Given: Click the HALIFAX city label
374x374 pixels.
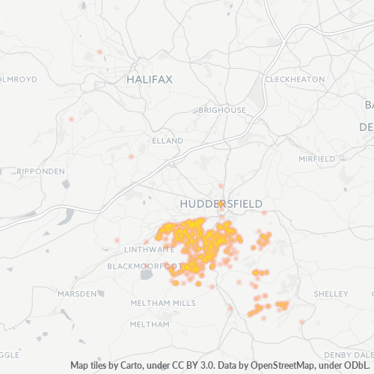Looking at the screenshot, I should coord(150,79).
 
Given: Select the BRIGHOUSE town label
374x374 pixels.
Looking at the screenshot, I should coord(222,110).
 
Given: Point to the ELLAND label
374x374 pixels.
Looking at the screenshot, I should coord(167,141).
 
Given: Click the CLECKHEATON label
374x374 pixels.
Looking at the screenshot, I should coord(295,79).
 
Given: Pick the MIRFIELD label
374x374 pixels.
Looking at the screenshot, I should coord(317,159).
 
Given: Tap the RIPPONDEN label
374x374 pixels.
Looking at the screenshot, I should coord(40,171).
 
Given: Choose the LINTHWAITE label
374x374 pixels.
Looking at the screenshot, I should coord(149,249).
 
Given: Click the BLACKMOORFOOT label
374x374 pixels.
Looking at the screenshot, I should coord(144,266).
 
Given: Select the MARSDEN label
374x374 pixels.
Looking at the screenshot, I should coord(77,294).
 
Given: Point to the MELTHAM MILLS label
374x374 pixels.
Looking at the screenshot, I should coord(162,303).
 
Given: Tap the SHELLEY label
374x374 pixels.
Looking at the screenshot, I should coord(327,293).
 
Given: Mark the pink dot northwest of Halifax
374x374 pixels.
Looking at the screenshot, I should coord(99,52).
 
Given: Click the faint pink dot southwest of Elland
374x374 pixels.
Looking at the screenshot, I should coord(131,157).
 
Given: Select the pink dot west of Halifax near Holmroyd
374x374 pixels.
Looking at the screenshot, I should coord(72,119).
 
